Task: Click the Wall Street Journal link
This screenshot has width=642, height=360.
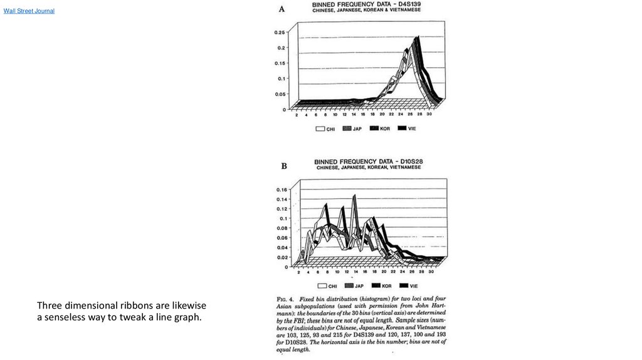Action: [x=29, y=11]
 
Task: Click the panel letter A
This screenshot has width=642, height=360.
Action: [x=282, y=9]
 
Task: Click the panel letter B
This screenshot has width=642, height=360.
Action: [x=284, y=166]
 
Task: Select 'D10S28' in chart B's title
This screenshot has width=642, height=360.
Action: [x=406, y=162]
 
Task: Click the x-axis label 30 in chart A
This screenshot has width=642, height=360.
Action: [x=429, y=115]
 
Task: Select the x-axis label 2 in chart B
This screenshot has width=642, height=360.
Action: [x=298, y=272]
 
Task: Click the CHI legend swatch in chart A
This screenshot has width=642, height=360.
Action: [x=320, y=129]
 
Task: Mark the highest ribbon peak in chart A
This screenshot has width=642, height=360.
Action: [x=417, y=38]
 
